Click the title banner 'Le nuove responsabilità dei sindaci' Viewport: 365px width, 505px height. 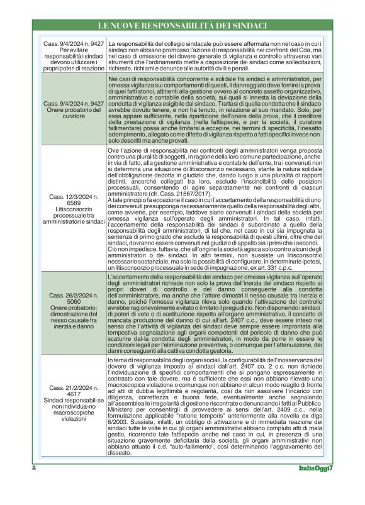182,26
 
